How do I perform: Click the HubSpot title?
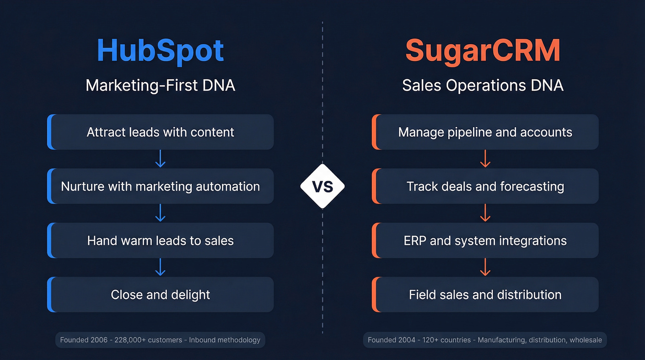[x=160, y=51]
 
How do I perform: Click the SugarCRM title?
[x=483, y=51]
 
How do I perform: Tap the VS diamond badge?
[x=322, y=186]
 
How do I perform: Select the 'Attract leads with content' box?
[x=160, y=132]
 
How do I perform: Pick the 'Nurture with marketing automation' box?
[x=160, y=186]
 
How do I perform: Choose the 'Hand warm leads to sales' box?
[x=160, y=241]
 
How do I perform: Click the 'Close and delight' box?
[x=160, y=295]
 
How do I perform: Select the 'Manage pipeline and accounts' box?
[x=485, y=132]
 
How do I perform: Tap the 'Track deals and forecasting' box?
[x=485, y=186]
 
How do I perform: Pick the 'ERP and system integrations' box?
[x=485, y=241]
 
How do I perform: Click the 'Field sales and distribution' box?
[x=485, y=295]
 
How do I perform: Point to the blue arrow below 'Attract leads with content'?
[x=160, y=159]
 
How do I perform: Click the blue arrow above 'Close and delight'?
[x=160, y=267]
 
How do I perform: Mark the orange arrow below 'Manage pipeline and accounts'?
[x=485, y=159]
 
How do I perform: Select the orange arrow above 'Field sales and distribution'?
[x=485, y=267]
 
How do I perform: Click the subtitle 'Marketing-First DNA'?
[x=160, y=85]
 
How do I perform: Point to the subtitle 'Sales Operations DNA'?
[x=483, y=85]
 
